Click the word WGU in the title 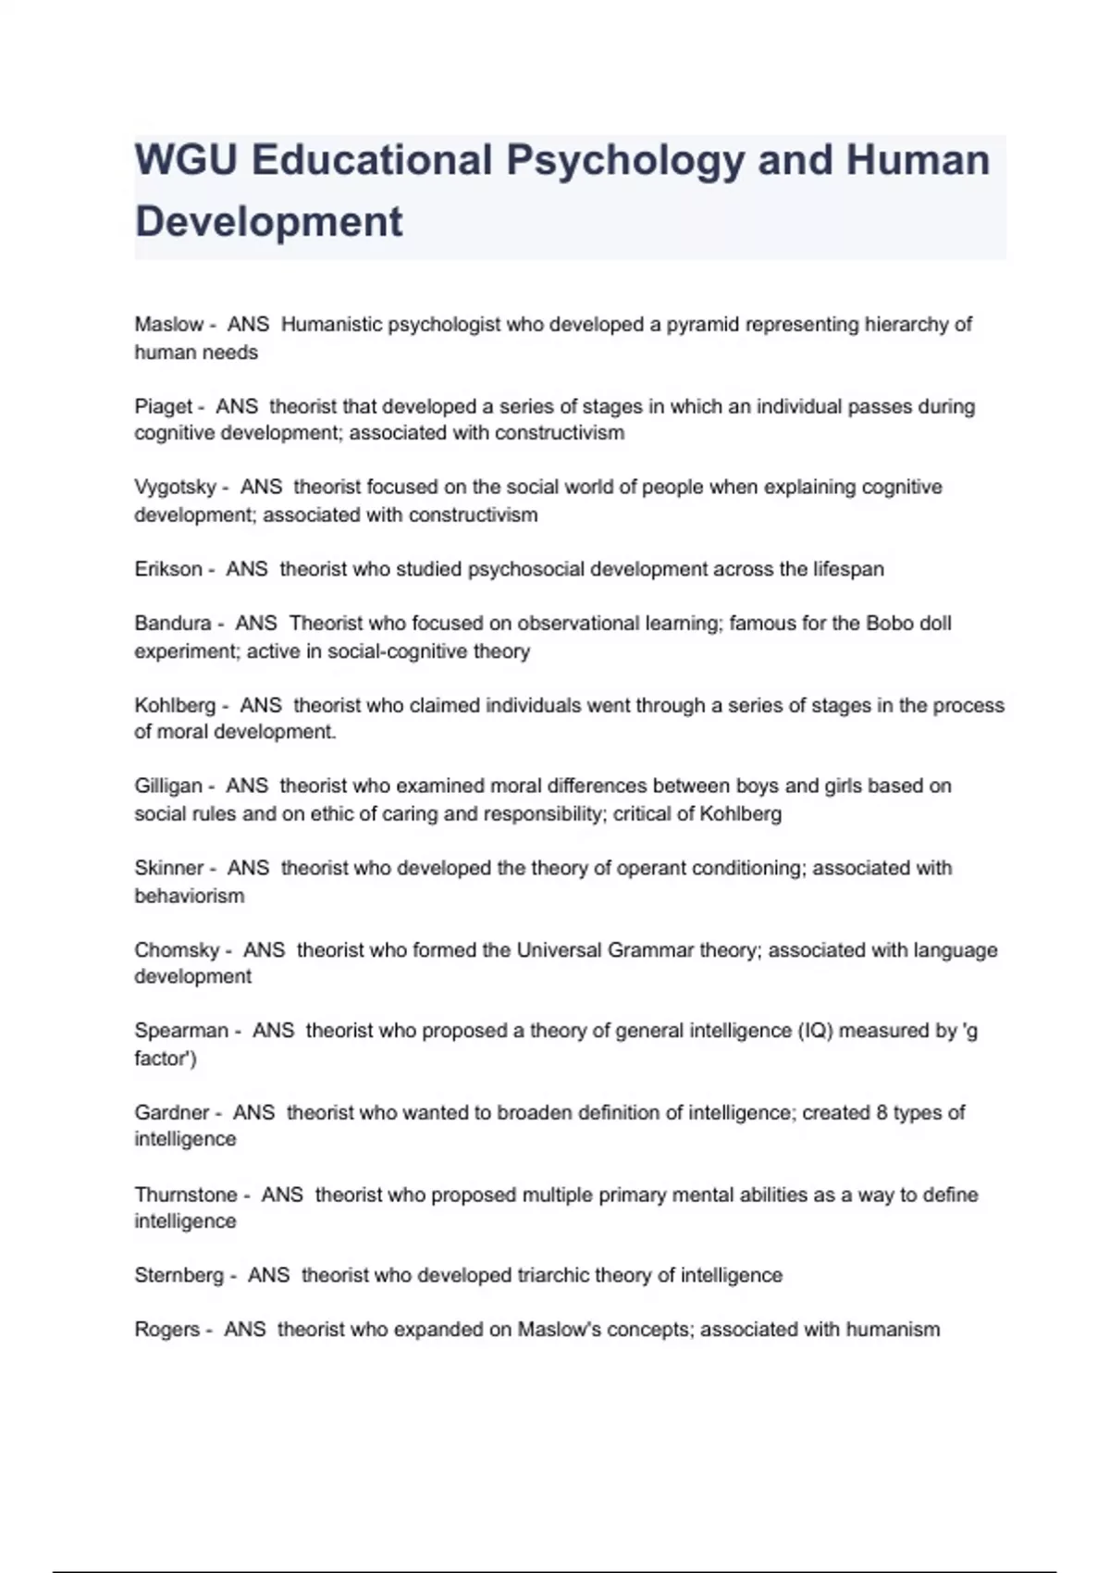pos(185,160)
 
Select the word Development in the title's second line pos(269,222)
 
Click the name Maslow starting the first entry pos(168,325)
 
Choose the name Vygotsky pos(175,487)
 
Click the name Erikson pos(167,569)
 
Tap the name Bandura pos(172,624)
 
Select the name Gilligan pos(167,786)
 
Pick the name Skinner pos(168,868)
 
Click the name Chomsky pos(177,950)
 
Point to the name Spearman pos(181,1031)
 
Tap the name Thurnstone pos(186,1195)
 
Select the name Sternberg pos(179,1275)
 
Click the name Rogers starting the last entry pos(166,1330)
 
